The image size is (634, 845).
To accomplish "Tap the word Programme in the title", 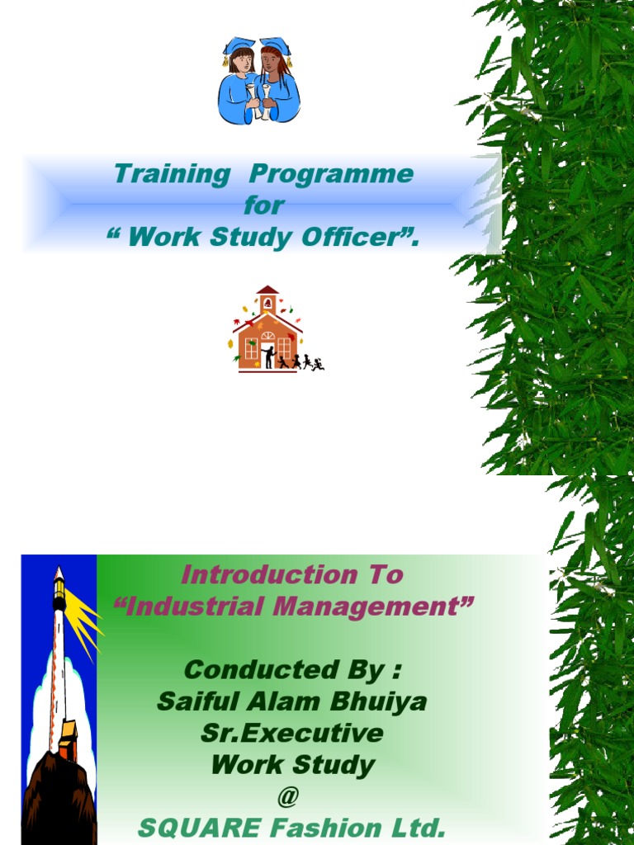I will (x=330, y=174).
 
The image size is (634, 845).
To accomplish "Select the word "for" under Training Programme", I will (x=264, y=205).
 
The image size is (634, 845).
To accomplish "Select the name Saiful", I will (x=196, y=702).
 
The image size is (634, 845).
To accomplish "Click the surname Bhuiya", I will (x=383, y=702).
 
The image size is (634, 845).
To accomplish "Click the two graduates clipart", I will (x=258, y=81).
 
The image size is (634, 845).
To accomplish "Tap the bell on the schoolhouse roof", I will (x=267, y=303).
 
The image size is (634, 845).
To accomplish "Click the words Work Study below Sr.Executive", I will (x=293, y=765).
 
